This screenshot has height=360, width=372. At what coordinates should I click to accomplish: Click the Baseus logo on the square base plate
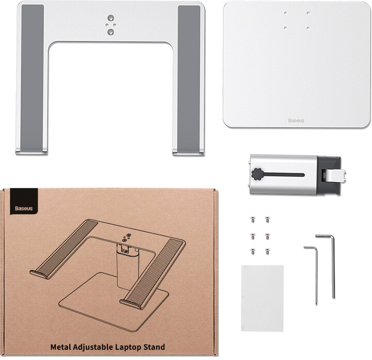click(296, 121)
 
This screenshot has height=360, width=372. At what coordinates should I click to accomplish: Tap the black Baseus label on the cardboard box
click(24, 202)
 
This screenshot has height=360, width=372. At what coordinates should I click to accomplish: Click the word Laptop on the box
click(128, 347)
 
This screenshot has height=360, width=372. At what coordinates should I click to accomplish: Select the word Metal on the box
click(61, 347)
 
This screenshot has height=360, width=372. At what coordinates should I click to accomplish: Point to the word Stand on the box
click(154, 347)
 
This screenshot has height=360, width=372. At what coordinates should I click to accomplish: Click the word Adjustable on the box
click(93, 348)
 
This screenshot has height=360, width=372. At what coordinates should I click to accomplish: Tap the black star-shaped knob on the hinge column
click(257, 174)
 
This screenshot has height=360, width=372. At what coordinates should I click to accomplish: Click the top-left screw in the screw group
click(253, 220)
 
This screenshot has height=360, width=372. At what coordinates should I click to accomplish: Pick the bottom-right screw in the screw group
click(268, 251)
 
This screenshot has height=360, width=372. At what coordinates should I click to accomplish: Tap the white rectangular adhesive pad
click(262, 298)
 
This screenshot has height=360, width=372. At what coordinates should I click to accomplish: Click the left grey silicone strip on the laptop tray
click(32, 79)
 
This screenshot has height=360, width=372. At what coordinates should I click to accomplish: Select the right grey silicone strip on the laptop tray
click(189, 79)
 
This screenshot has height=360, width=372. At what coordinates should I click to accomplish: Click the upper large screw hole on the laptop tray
click(111, 18)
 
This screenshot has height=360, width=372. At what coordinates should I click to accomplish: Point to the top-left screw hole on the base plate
click(285, 13)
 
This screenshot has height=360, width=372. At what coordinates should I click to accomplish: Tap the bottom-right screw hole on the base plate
click(308, 28)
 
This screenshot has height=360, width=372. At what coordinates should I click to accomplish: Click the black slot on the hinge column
click(284, 175)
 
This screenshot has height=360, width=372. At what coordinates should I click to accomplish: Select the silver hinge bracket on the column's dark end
click(333, 176)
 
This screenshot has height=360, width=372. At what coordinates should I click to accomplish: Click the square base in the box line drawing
click(114, 302)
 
